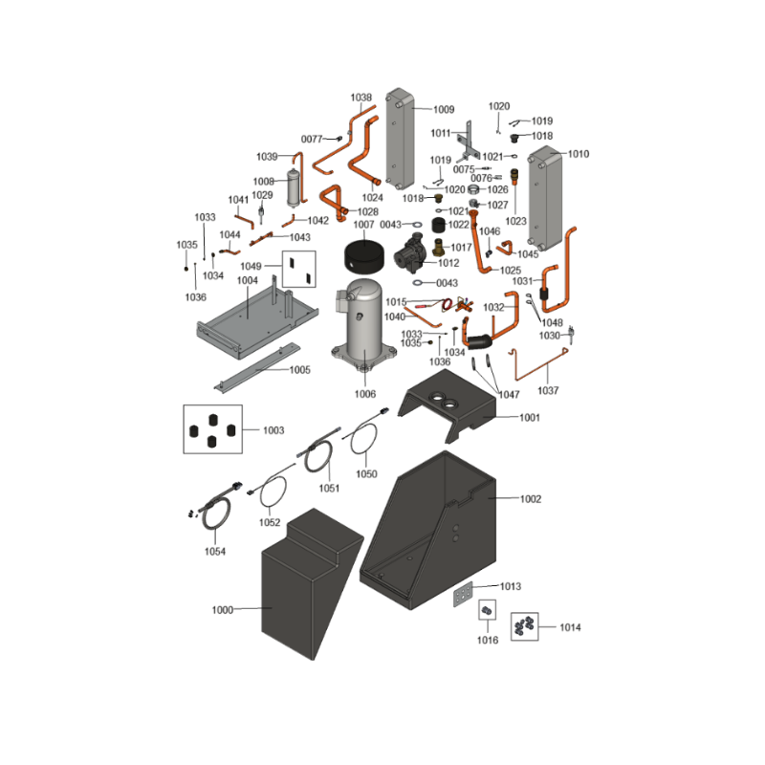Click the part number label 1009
pyautogui.click(x=444, y=109)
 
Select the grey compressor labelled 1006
pyautogui.click(x=364, y=327)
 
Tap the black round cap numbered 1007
pyautogui.click(x=364, y=257)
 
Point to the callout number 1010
pyautogui.click(x=579, y=154)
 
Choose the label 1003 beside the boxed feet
pyautogui.click(x=273, y=430)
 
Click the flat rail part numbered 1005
pyautogui.click(x=257, y=367)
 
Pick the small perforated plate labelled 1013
pyautogui.click(x=463, y=594)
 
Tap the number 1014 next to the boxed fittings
pyautogui.click(x=570, y=627)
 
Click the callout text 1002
pyautogui.click(x=531, y=499)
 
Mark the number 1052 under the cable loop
pyautogui.click(x=270, y=522)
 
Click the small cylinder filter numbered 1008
pyautogui.click(x=294, y=187)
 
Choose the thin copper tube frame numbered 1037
pyautogui.click(x=539, y=364)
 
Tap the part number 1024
pyautogui.click(x=372, y=198)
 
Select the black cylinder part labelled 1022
pyautogui.click(x=440, y=225)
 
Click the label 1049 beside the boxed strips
pyautogui.click(x=251, y=266)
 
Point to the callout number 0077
pyautogui.click(x=312, y=139)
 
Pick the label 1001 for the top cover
pyautogui.click(x=530, y=418)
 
